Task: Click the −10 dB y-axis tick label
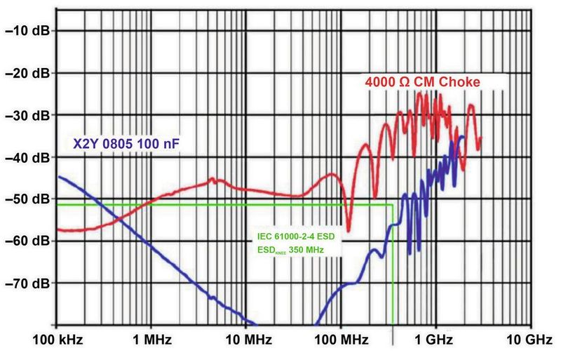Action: (27, 31)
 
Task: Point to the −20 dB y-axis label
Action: (27, 73)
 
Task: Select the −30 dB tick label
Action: (27, 115)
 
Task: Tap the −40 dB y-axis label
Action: (27, 157)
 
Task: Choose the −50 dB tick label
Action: (27, 199)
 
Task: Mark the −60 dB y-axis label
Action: (27, 241)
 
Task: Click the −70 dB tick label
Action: (27, 284)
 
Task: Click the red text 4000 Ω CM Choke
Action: (422, 82)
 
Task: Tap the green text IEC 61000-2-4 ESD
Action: (295, 237)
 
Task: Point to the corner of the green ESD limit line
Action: (392, 204)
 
